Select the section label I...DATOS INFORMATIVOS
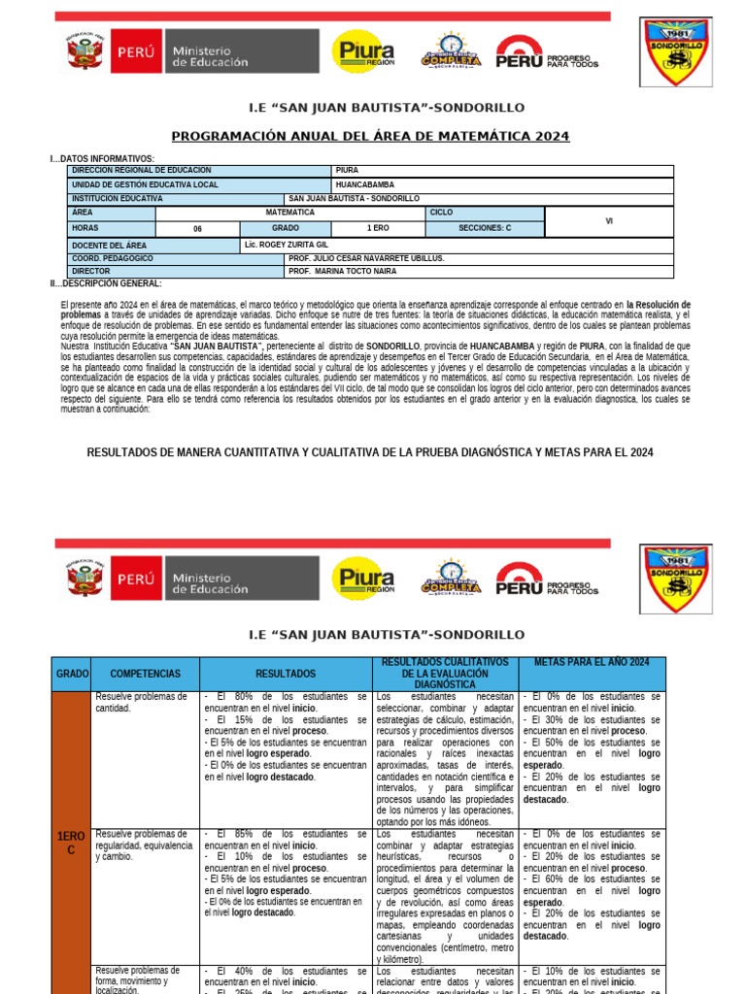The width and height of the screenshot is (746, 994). coord(102,159)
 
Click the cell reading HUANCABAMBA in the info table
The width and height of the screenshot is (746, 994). coord(364,184)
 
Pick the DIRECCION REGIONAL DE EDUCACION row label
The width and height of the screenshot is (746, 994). coord(142,171)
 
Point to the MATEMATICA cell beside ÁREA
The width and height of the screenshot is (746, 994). coord(290,212)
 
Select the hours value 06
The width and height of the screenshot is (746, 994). coord(197,229)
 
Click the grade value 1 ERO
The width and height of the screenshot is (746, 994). coord(377,228)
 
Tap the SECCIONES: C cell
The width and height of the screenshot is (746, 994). coord(485,228)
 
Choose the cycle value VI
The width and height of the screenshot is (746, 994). coord(609,220)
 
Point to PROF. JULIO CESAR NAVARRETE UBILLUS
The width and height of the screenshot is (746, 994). coord(366,259)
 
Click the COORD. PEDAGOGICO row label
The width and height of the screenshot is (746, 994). coord(113,259)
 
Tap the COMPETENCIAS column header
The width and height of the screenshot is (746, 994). coord(146,673)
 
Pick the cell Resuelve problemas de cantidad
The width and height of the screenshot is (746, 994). coord(140,702)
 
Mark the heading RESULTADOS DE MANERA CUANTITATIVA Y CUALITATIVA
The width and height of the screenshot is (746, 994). coord(370,452)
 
